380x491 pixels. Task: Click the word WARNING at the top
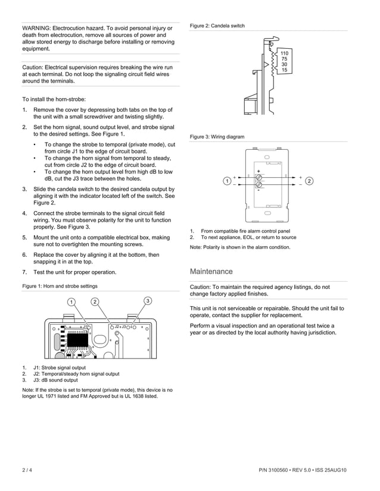[x=37, y=28]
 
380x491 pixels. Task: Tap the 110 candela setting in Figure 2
[x=284, y=54]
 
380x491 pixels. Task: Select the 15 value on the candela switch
[x=284, y=70]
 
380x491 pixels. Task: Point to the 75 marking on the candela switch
[x=284, y=59]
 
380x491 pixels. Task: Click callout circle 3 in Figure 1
[x=148, y=301]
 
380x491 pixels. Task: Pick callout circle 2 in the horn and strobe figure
[x=95, y=301]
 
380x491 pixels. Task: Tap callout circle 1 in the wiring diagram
[x=227, y=181]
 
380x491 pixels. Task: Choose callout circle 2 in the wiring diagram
[x=310, y=181]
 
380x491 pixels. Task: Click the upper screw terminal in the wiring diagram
[x=258, y=178]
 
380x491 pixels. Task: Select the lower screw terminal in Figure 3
[x=258, y=185]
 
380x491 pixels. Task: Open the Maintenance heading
[x=211, y=272]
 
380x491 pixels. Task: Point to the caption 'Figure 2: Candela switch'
[x=217, y=26]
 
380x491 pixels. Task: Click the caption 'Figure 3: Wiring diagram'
[x=217, y=137]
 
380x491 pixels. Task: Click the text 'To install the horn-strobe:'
[x=54, y=99]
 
